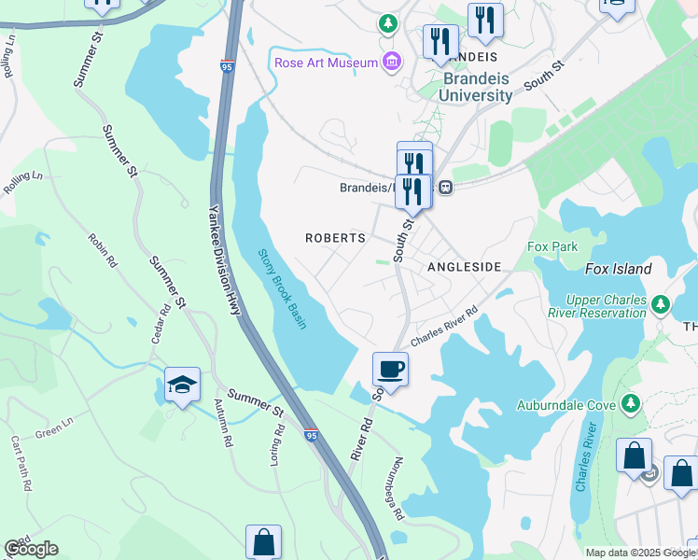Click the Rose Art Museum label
[x=326, y=63]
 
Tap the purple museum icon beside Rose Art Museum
[x=392, y=63]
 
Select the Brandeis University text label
[x=477, y=88]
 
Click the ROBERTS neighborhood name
[x=335, y=238]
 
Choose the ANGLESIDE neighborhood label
[x=464, y=267]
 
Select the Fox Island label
[x=618, y=269]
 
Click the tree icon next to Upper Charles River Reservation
[x=661, y=303]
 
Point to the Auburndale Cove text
[x=566, y=405]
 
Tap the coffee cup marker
[x=390, y=369]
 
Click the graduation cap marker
[x=182, y=384]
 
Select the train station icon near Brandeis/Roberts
[x=446, y=187]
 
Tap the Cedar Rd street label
[x=163, y=323]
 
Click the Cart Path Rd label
[x=22, y=463]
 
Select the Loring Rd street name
[x=279, y=444]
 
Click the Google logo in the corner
[x=31, y=548]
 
